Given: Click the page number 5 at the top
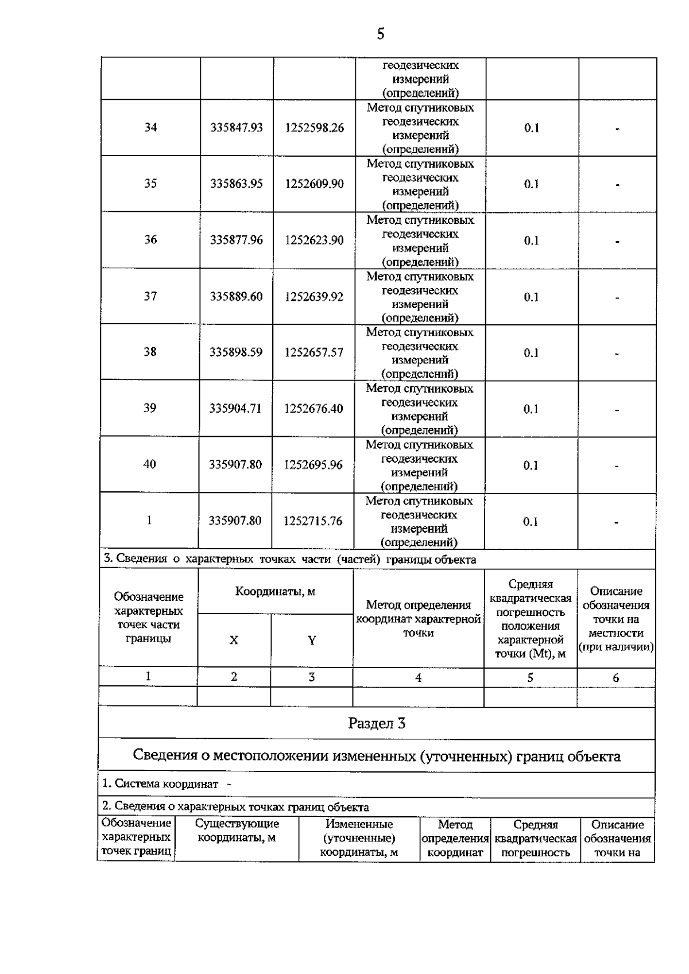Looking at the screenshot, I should point(380,34).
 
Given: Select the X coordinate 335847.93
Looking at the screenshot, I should point(237,127).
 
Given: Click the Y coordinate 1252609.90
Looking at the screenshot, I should point(314,184).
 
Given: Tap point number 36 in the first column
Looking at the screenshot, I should point(150,239).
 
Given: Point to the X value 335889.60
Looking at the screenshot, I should point(236,296).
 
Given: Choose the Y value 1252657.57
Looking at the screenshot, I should point(313,352).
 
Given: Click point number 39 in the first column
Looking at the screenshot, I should point(149,408).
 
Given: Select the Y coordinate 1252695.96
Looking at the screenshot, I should point(313,464).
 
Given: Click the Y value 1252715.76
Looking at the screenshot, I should point(313,521).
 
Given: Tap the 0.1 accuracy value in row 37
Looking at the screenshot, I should point(531,297).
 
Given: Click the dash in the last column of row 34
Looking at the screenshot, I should point(617,129).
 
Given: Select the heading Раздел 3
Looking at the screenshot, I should point(377,723).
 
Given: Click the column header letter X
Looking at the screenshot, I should point(234,640).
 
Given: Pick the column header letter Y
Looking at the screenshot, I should point(311,641).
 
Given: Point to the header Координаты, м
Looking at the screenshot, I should point(275,591).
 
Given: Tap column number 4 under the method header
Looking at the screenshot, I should point(418,677).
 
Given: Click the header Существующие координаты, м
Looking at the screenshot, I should point(237,831).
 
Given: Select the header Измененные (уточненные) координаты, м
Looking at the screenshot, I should point(359,838).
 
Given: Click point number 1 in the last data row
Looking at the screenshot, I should point(149,520).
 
